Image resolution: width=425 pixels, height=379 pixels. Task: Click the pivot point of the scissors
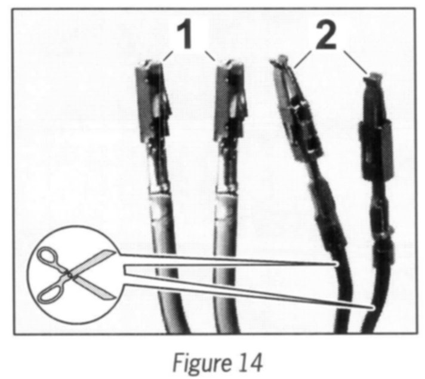click(70, 275)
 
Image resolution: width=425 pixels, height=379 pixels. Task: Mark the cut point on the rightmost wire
click(371, 307)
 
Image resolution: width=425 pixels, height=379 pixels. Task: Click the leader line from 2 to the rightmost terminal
click(358, 66)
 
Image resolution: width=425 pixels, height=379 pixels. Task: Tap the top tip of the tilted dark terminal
click(282, 60)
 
